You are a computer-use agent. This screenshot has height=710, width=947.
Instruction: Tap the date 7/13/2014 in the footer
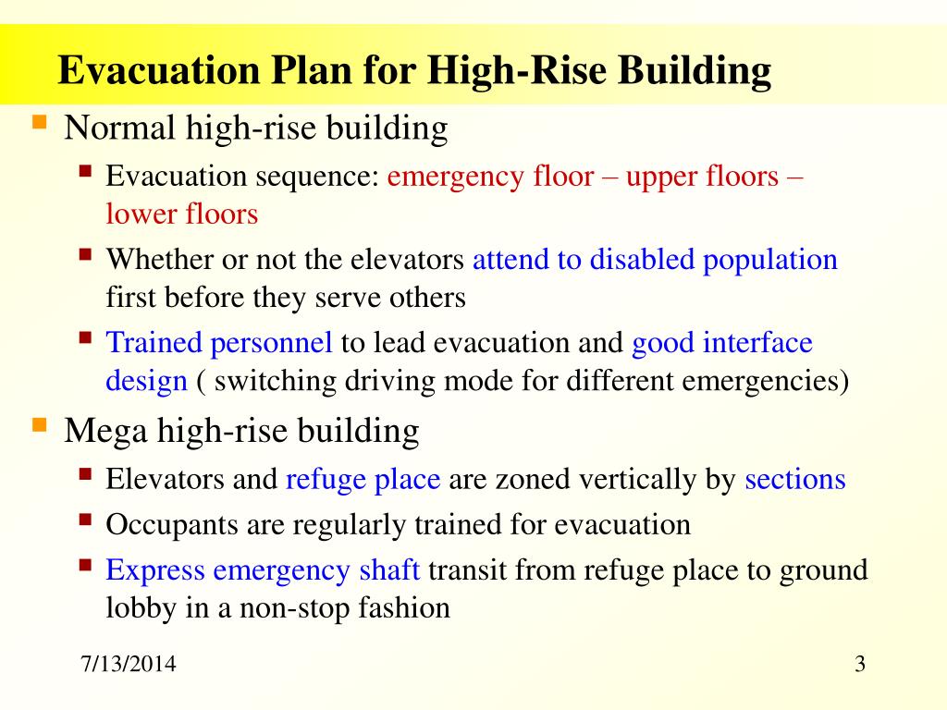(129, 666)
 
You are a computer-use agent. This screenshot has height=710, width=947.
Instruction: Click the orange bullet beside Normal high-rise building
(40, 122)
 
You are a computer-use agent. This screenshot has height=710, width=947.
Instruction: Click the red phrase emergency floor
(490, 177)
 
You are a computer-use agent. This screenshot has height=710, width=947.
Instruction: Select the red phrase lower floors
(181, 214)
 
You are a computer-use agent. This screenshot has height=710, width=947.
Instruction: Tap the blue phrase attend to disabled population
(655, 260)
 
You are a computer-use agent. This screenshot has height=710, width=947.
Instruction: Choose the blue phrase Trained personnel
(219, 343)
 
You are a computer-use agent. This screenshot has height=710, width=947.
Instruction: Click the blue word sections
(795, 479)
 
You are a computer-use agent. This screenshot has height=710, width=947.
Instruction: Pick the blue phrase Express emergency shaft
(263, 569)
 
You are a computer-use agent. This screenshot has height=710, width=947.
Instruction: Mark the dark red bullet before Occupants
(86, 520)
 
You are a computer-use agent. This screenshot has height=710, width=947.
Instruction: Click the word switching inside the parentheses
(269, 381)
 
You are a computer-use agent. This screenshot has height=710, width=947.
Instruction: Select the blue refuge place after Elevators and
(364, 479)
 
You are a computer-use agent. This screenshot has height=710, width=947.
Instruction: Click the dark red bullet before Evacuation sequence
(86, 171)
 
